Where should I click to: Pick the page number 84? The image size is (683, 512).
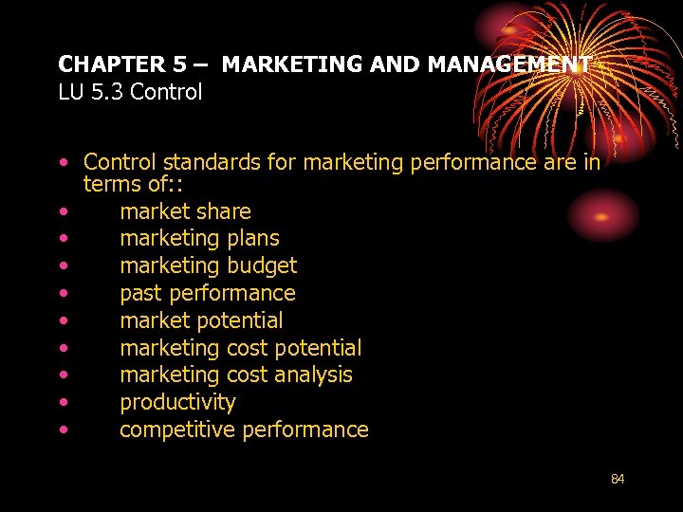(618, 479)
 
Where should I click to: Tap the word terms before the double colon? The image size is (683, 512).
(112, 184)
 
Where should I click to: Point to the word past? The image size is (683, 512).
(140, 293)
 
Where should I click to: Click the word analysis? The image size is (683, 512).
(314, 375)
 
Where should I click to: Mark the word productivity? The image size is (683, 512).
(177, 402)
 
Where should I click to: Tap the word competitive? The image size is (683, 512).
(177, 430)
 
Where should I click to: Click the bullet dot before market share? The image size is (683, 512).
(63, 212)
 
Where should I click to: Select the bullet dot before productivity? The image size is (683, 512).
(63, 403)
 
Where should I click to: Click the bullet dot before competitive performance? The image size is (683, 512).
(63, 430)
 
